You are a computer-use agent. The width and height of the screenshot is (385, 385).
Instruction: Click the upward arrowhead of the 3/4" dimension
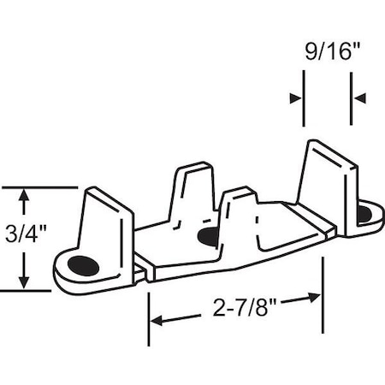point(27,195)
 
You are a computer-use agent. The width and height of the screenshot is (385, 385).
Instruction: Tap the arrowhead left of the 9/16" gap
point(295,98)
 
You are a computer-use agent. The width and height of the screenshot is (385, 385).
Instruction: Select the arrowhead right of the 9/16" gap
point(360,98)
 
